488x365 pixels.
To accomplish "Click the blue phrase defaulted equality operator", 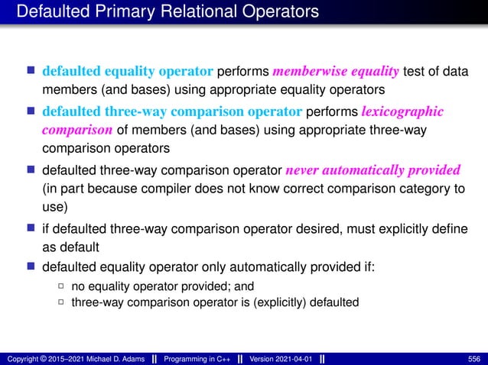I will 127,72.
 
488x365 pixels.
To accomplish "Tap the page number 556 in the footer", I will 474,358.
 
